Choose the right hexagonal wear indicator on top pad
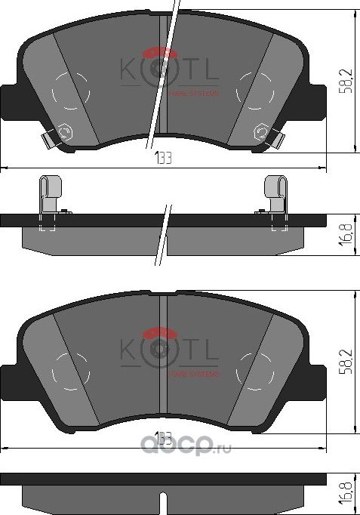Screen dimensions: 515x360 point(261,133)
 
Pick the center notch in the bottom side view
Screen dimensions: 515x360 point(164,498)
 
